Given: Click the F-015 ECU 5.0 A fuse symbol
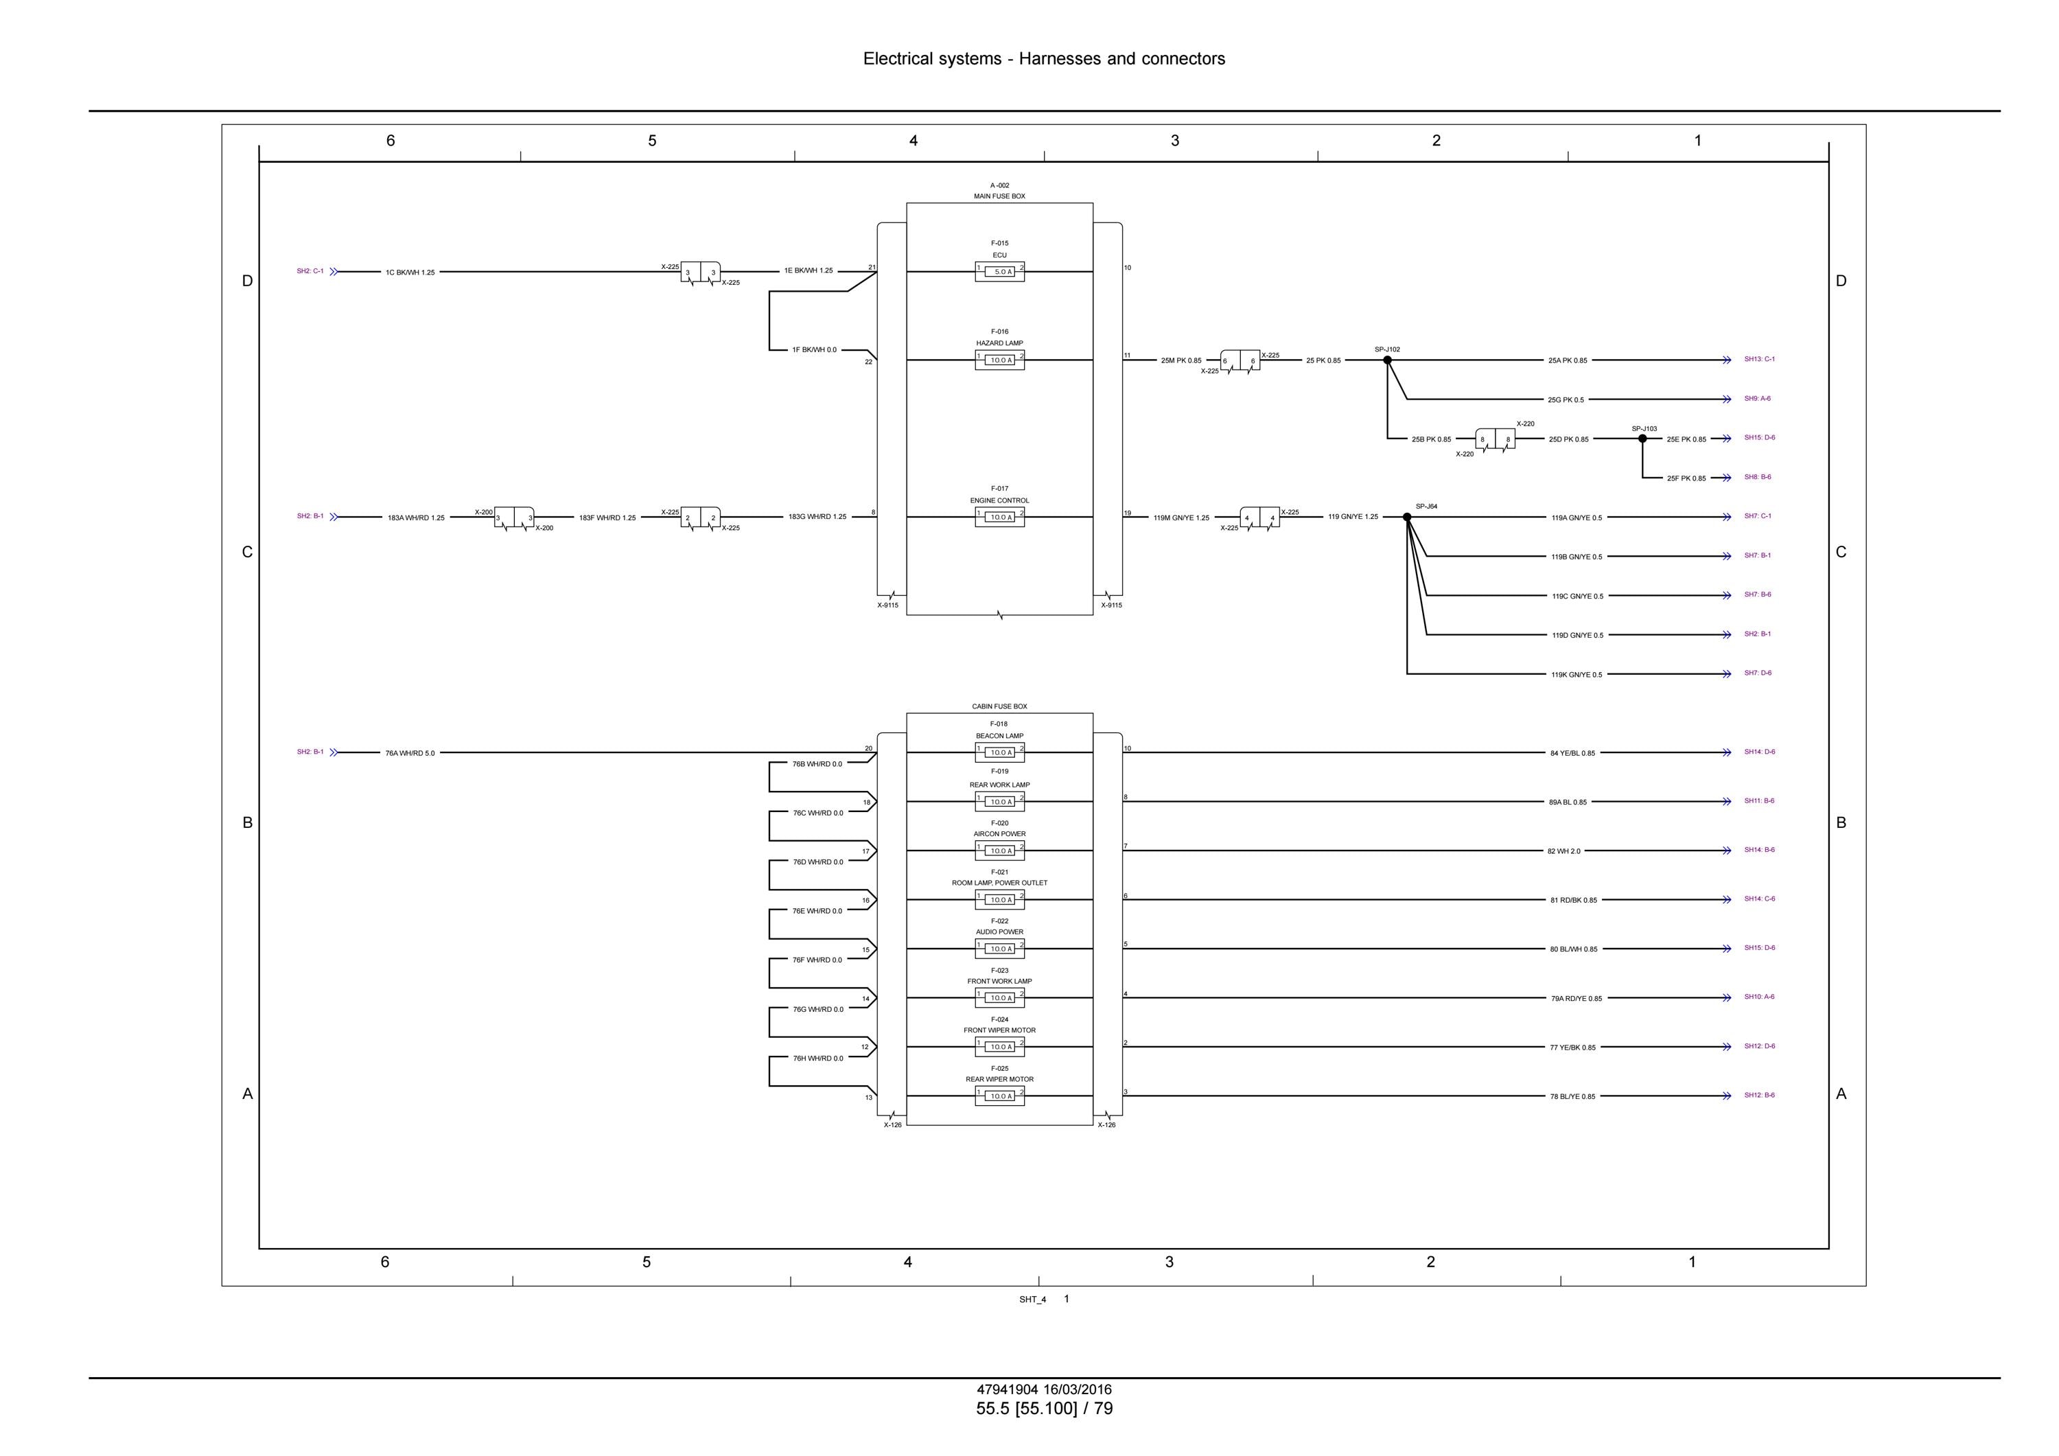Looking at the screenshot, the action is click(x=999, y=272).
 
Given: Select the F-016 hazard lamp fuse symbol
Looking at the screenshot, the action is click(x=999, y=360).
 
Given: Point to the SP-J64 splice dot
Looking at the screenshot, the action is click(x=1407, y=517).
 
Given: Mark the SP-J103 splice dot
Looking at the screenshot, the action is click(x=1643, y=439).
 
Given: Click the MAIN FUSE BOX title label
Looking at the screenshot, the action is click(x=999, y=196).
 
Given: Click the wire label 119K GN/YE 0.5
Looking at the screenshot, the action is click(x=1577, y=675).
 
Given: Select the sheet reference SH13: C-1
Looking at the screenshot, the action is click(x=1760, y=359).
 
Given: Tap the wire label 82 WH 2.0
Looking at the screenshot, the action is click(x=1564, y=851).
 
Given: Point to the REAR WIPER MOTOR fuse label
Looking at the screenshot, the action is click(x=999, y=1079).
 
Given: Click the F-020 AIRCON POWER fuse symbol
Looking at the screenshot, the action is click(x=999, y=851).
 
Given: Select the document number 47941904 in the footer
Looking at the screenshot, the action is click(x=1007, y=1389).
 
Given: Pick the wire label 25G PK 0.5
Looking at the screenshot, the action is click(x=1566, y=400).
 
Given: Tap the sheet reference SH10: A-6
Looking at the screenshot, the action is click(x=1760, y=997).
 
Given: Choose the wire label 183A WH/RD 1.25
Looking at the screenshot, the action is click(x=416, y=518).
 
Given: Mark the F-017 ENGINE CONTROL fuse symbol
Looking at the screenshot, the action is click(x=999, y=517).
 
